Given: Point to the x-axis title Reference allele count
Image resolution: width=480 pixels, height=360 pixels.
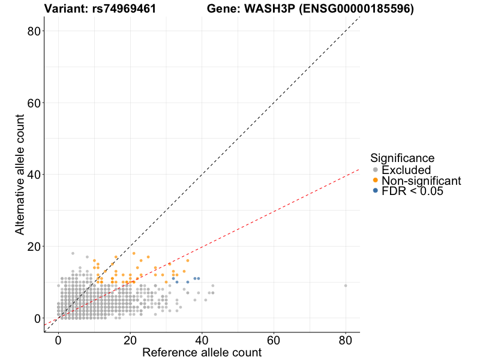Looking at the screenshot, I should [202, 352].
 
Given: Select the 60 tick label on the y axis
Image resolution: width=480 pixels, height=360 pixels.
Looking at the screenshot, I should [35, 103].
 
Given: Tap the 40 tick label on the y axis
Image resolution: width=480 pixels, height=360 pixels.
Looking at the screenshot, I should [35, 175].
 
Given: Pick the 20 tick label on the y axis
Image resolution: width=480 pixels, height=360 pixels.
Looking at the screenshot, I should [35, 247].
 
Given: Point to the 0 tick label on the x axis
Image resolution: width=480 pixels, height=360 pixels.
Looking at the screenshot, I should [58, 340].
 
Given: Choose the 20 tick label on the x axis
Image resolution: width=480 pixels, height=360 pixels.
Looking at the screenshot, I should [130, 340].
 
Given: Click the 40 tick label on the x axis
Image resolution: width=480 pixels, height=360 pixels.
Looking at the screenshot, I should [202, 340].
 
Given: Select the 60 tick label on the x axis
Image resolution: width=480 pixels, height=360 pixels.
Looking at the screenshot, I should [274, 340].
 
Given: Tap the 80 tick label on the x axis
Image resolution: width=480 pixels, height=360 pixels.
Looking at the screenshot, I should [346, 340].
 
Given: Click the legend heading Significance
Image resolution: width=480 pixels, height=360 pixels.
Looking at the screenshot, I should [402, 158].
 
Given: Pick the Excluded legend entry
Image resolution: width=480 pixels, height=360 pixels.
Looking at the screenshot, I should [406, 170].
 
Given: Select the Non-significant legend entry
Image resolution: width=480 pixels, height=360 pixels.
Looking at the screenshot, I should [421, 181].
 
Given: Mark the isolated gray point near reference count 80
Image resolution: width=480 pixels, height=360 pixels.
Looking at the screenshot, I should [346, 286].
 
